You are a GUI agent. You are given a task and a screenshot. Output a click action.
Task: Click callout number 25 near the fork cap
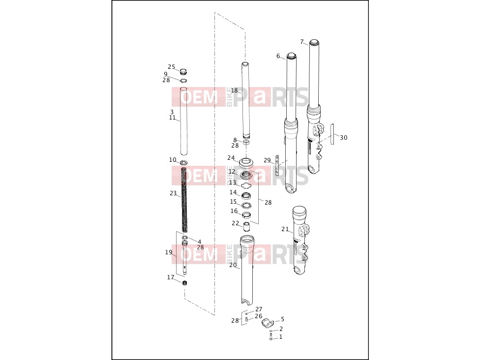tap(172, 67)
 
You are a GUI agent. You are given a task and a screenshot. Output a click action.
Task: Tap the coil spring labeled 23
tap(184, 199)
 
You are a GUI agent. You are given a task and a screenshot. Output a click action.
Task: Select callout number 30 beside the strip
tap(344, 138)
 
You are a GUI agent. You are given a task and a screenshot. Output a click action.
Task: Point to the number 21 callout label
tap(285, 229)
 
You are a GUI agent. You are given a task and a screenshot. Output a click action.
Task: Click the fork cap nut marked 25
tap(183, 72)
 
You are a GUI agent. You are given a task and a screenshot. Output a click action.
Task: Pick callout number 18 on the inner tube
tap(235, 90)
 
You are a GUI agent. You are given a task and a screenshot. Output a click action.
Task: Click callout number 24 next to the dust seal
tap(231, 158)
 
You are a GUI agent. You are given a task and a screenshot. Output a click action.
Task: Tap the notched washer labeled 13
tap(246, 184)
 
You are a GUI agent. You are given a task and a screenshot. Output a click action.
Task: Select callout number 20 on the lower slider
tap(233, 265)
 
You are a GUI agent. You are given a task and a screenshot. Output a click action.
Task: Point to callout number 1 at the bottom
tap(281, 337)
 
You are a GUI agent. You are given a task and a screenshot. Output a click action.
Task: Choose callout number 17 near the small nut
tap(171, 277)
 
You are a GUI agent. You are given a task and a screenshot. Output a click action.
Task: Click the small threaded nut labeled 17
tap(184, 283)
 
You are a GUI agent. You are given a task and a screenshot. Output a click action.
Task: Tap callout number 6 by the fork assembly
tap(278, 56)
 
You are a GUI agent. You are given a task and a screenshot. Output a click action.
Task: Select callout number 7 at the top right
tap(302, 42)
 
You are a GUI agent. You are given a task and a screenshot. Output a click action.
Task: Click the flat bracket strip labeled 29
tap(277, 165)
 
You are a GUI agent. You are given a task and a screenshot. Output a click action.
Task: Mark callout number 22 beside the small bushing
tap(235, 223)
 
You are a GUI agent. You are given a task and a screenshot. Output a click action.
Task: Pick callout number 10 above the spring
tap(173, 160)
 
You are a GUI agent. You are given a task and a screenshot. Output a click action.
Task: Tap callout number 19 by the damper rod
tap(169, 252)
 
